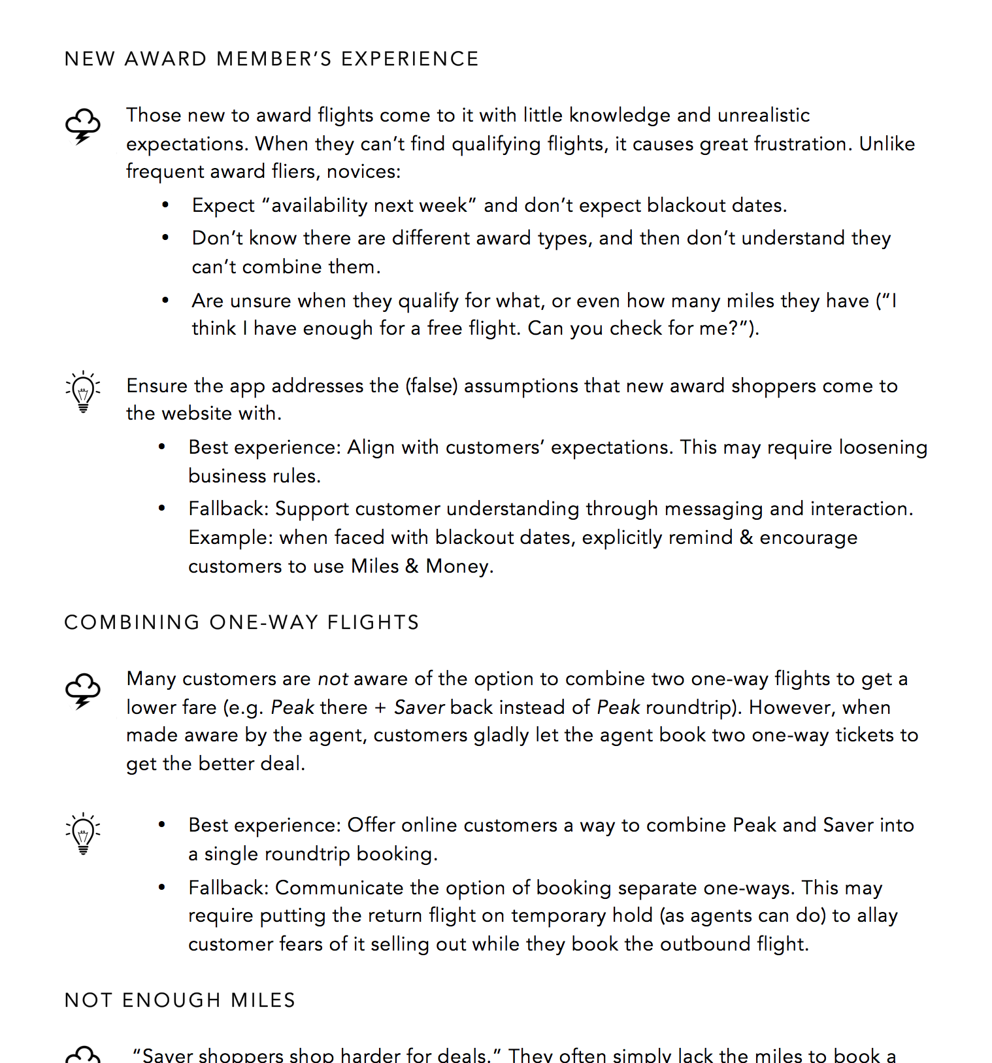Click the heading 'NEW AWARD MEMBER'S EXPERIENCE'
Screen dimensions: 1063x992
(x=271, y=59)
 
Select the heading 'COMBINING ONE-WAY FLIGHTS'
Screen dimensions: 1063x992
(x=241, y=622)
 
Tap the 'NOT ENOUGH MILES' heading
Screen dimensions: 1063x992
(x=180, y=1000)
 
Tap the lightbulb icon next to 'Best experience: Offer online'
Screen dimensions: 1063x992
(x=83, y=834)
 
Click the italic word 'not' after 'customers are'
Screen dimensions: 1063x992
(x=333, y=679)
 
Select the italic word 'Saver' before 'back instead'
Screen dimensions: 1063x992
(x=419, y=708)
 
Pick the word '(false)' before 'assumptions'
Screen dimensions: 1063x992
(x=431, y=386)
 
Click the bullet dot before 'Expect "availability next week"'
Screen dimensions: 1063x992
(x=165, y=205)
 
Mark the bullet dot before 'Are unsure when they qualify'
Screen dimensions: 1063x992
(x=165, y=301)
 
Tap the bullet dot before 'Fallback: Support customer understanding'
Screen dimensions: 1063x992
(x=161, y=509)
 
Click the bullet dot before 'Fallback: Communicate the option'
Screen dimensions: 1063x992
(x=161, y=888)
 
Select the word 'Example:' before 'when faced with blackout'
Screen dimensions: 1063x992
(x=231, y=538)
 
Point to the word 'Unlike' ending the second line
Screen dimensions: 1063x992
(x=887, y=144)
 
